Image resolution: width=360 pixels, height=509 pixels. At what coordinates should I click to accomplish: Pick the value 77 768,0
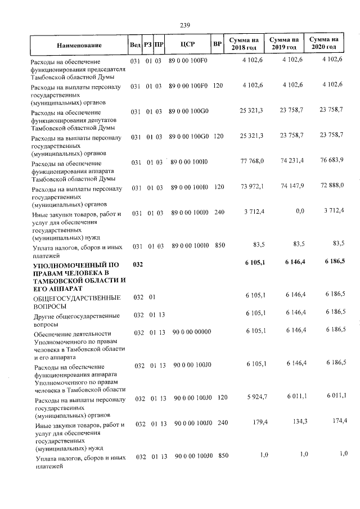tap(252, 162)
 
